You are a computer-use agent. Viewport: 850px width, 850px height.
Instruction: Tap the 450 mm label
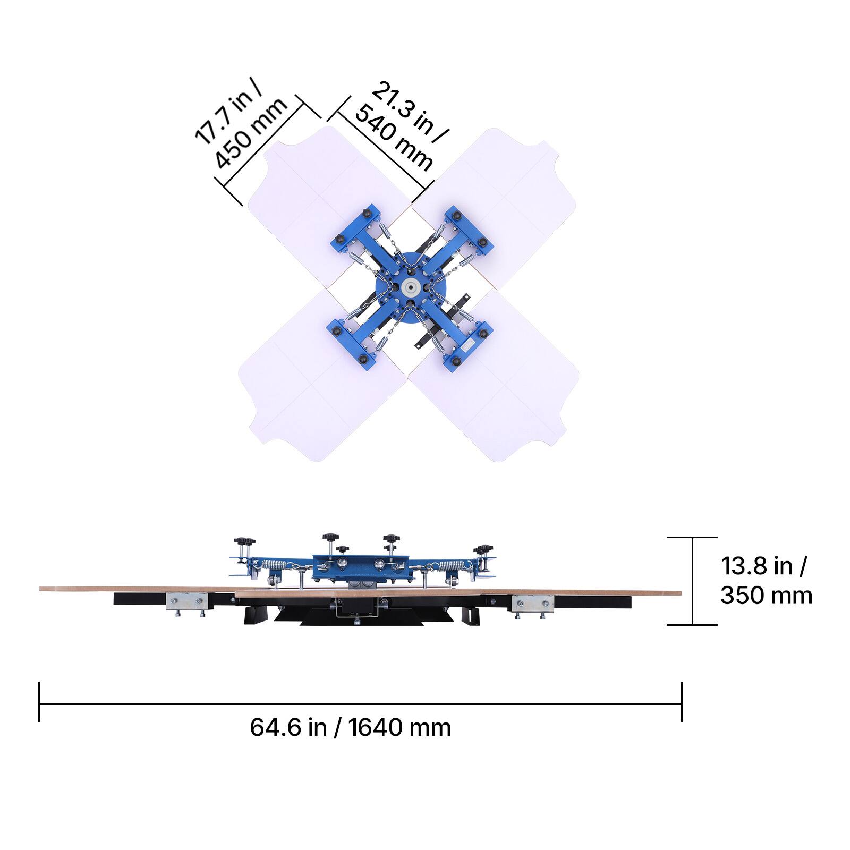pyautogui.click(x=251, y=133)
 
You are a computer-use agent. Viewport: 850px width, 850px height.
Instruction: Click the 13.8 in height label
pyautogui.click(x=763, y=566)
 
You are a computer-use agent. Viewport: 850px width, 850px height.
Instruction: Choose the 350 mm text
pyautogui.click(x=766, y=596)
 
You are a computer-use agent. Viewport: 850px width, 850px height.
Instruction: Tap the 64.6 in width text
pyautogui.click(x=288, y=727)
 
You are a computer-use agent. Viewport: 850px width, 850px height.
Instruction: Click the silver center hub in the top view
pyautogui.click(x=410, y=287)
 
